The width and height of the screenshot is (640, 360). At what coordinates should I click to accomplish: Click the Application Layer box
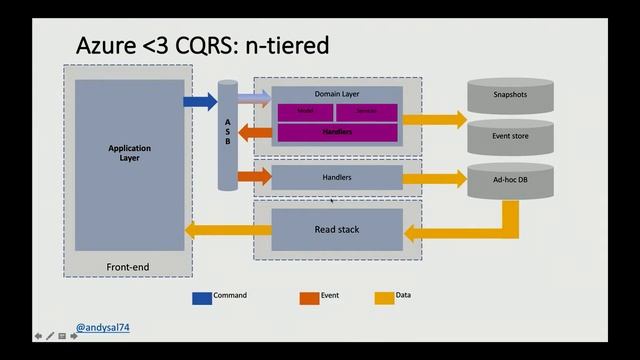(130, 165)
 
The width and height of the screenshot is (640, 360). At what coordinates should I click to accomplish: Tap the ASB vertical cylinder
(227, 136)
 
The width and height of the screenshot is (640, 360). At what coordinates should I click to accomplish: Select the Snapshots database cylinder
(510, 95)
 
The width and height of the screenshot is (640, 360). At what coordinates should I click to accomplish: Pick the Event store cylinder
(510, 136)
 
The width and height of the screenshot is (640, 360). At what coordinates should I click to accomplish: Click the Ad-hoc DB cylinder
(510, 179)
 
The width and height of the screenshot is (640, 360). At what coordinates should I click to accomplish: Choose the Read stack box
(337, 229)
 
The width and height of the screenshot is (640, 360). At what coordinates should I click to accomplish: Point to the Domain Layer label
(337, 94)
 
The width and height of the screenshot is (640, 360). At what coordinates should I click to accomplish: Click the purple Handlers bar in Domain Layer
(337, 132)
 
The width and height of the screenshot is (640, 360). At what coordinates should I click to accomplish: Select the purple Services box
(366, 111)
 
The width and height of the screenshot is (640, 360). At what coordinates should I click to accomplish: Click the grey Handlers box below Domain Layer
(337, 177)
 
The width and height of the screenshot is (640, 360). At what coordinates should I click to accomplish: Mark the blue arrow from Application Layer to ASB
(200, 101)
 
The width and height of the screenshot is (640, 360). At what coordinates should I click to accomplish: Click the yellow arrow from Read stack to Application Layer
(221, 231)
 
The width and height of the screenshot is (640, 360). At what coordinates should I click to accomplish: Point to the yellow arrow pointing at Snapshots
(435, 119)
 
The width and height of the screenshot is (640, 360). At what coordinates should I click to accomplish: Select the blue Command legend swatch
(201, 297)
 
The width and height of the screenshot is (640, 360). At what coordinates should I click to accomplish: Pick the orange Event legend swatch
(308, 297)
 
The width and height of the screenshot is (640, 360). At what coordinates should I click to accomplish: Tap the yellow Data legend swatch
(383, 297)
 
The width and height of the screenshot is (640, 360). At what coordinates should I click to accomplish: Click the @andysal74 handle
(103, 327)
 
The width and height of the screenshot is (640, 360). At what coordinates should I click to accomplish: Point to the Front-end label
(128, 266)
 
